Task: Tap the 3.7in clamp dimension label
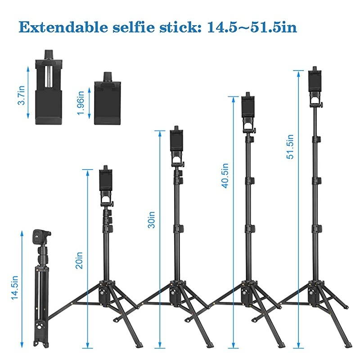tap(21, 96)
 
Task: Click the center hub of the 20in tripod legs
tap(104, 293)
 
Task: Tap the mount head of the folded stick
tap(41, 238)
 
